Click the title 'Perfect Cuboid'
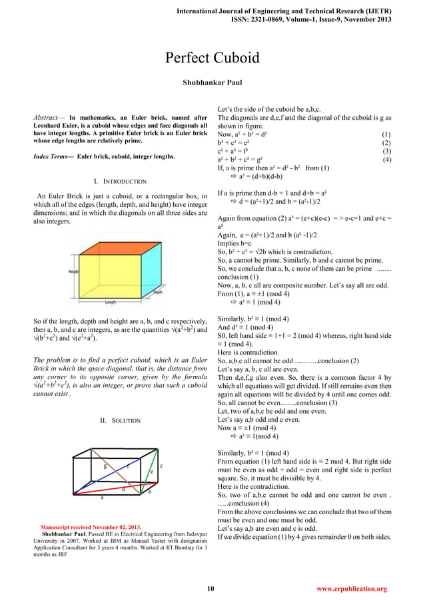tap(212, 58)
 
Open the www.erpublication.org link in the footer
tap(352, 589)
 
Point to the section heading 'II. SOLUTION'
tap(120, 420)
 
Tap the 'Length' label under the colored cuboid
tap(111, 301)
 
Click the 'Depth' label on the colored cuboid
tap(158, 293)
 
